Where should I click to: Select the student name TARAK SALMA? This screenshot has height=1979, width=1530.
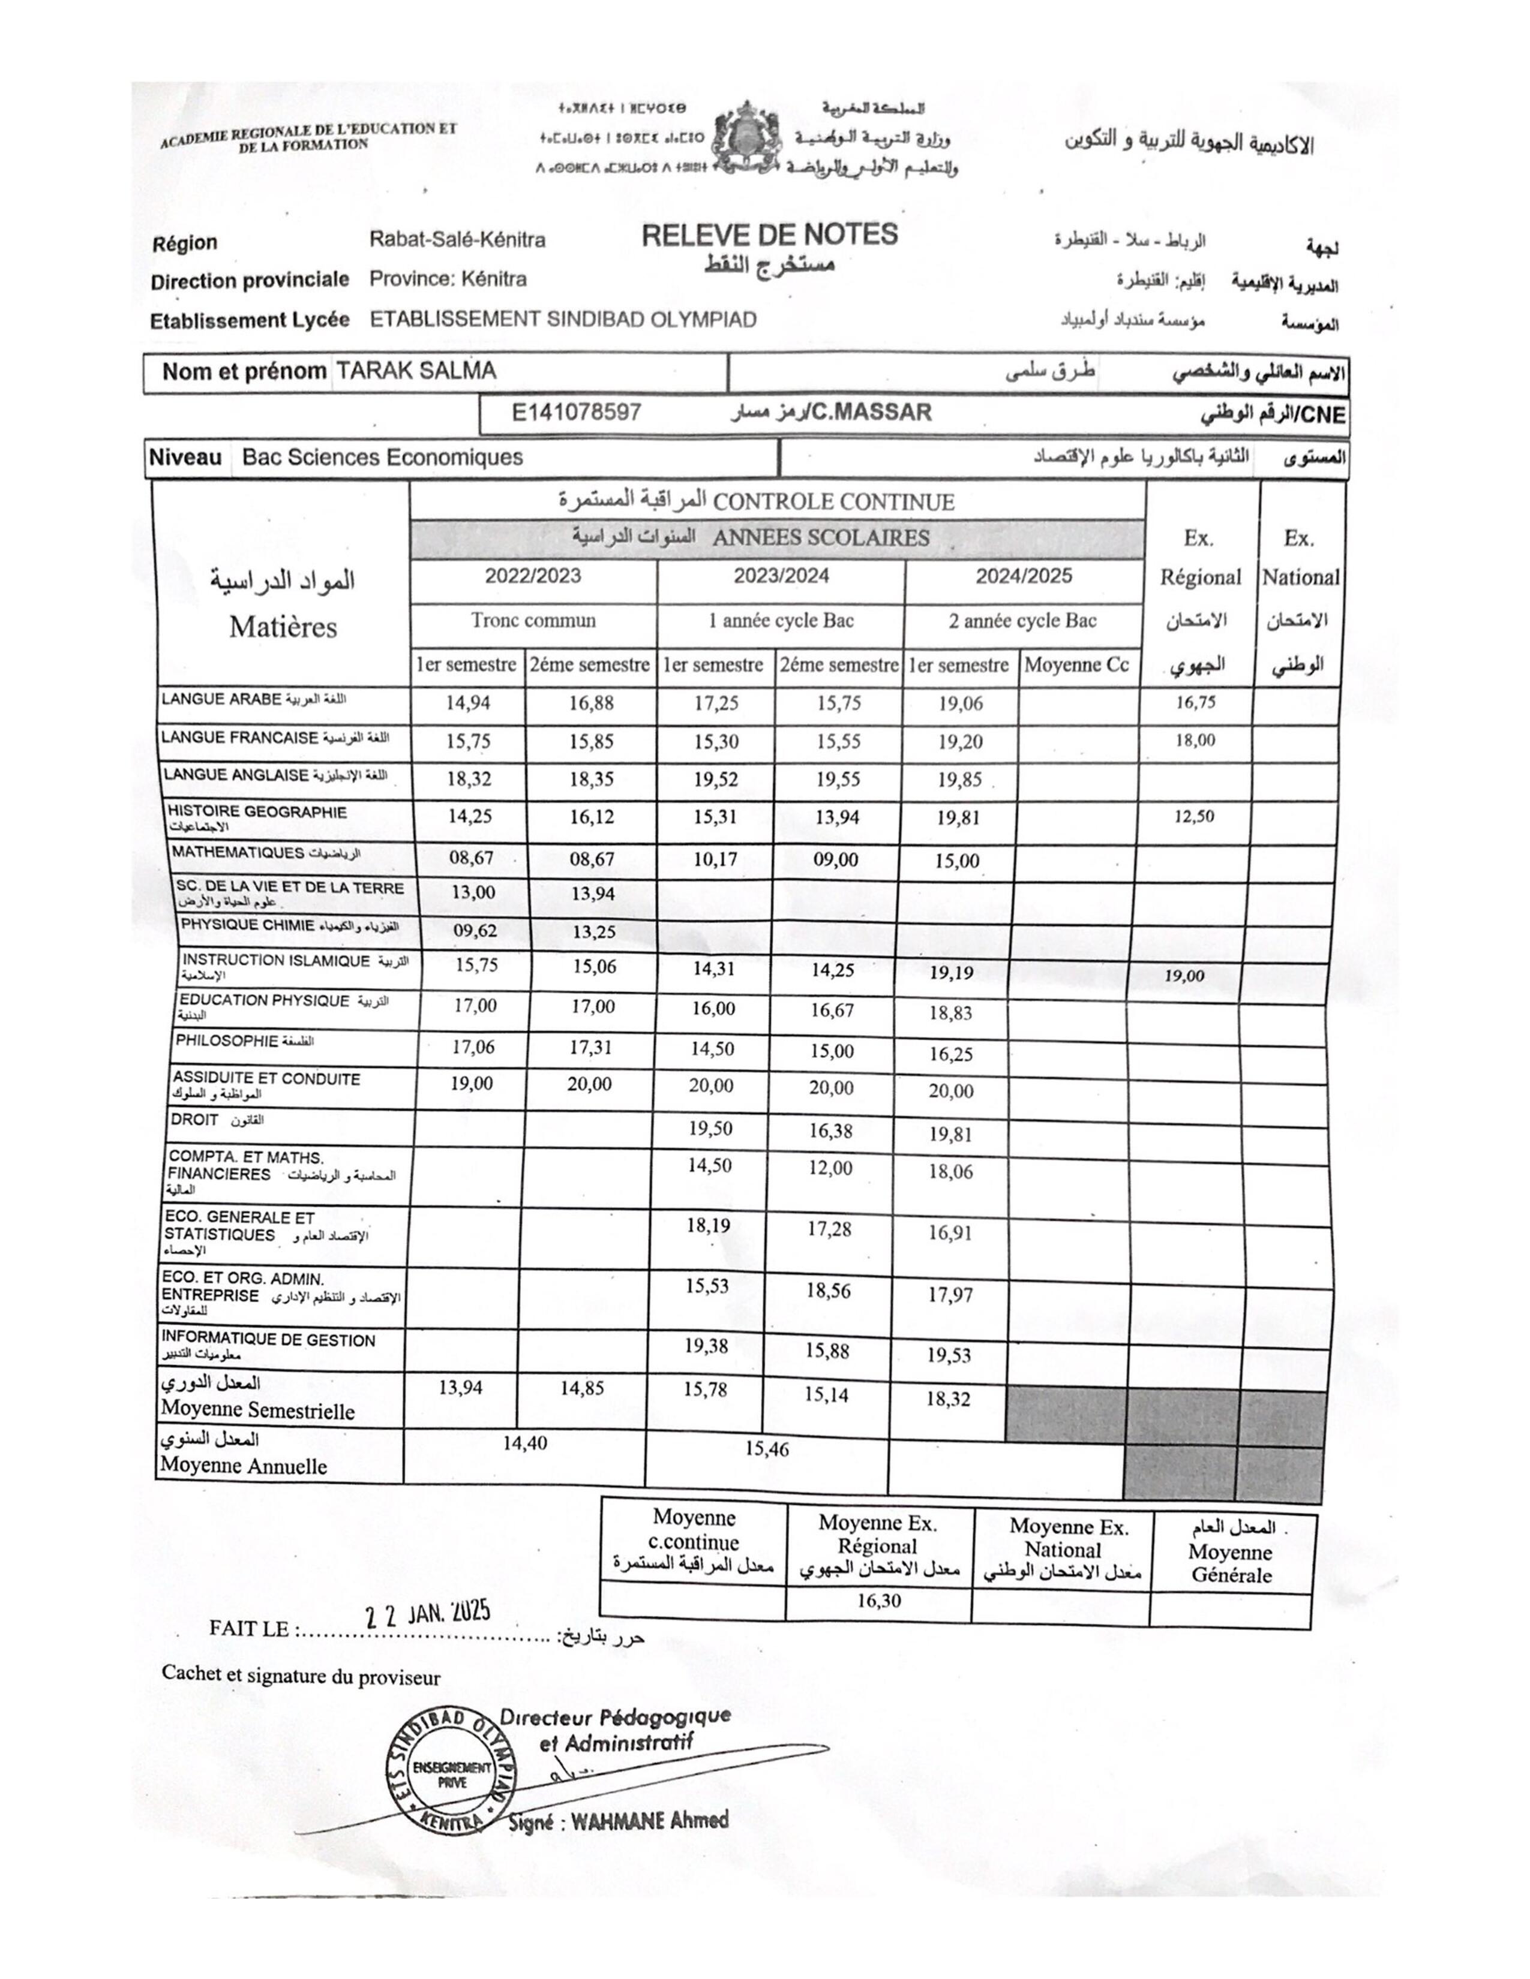click(x=416, y=371)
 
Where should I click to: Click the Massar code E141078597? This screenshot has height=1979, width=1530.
click(x=577, y=413)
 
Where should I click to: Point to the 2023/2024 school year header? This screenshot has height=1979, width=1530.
click(x=781, y=576)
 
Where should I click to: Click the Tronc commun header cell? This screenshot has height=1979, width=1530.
click(x=533, y=621)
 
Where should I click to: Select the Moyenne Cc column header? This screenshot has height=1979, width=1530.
click(x=1076, y=665)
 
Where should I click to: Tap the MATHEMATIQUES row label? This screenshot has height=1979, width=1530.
click(x=238, y=853)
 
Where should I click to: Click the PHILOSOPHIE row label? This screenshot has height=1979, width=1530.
click(x=227, y=1041)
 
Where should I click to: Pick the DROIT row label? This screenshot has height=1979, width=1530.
click(x=194, y=1120)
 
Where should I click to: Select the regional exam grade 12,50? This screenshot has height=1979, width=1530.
click(x=1194, y=816)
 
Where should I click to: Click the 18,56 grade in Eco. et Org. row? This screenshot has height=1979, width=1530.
click(x=829, y=1291)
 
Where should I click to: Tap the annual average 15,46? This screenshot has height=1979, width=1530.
click(x=767, y=1449)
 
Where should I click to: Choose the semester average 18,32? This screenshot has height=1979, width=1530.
click(x=948, y=1399)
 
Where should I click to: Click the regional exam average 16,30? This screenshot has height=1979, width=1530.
click(x=878, y=1600)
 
